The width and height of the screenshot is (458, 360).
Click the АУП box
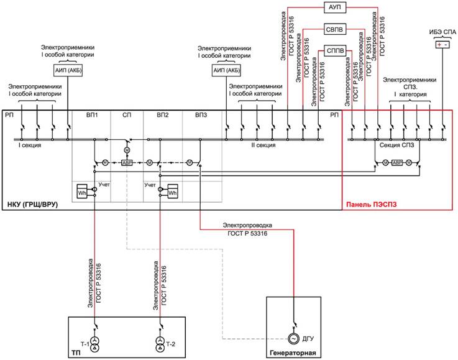coord(335,7)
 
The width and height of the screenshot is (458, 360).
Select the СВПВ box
coord(335,29)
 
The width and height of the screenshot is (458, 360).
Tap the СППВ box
coord(335,51)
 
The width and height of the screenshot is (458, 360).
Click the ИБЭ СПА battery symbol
coord(442,45)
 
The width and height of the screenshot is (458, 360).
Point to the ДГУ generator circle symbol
coord(293,339)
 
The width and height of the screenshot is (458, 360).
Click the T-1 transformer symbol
coord(94,344)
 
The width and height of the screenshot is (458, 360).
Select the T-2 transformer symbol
coord(160,344)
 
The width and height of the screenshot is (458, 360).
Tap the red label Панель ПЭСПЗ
coord(372,205)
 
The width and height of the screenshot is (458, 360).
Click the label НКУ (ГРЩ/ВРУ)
coord(32,205)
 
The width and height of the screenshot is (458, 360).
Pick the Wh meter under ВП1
coord(82,192)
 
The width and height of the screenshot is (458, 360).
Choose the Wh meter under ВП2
coord(173,192)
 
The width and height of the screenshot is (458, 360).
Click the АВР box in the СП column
coord(127,162)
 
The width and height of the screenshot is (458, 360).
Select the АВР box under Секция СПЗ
coord(397,162)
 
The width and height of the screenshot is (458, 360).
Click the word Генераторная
coord(293,353)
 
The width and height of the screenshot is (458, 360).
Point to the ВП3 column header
coord(201,115)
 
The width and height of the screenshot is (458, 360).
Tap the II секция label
coord(263,145)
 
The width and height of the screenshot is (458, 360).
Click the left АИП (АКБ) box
coord(68,70)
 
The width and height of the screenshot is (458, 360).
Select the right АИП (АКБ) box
coord(227,70)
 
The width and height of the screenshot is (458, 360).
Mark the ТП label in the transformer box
coord(76,353)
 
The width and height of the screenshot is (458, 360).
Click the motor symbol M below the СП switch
coord(127,150)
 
